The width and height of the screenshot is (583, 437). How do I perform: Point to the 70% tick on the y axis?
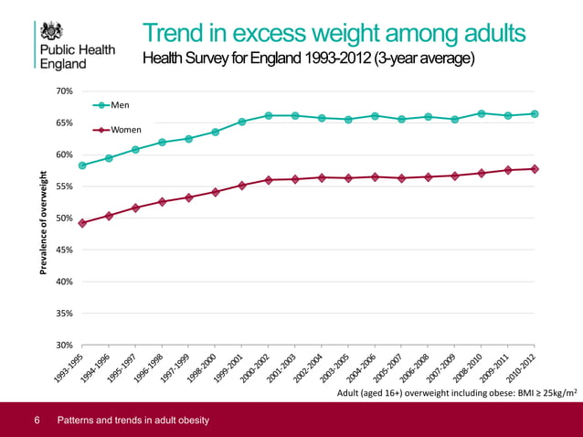click(x=64, y=91)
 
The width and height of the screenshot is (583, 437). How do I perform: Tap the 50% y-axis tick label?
click(x=64, y=218)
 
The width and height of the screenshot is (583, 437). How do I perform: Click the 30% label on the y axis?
click(x=64, y=345)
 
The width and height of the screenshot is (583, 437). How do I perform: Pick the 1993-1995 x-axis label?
click(x=67, y=369)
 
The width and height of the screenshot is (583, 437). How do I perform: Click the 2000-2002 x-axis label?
click(x=252, y=369)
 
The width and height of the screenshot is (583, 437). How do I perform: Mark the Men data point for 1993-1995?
click(x=82, y=165)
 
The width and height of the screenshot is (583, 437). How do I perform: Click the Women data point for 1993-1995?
click(x=82, y=223)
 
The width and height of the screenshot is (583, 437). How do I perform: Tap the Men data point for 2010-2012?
click(x=534, y=113)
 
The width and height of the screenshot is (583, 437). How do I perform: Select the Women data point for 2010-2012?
click(x=534, y=168)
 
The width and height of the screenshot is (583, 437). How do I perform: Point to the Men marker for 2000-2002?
click(x=269, y=115)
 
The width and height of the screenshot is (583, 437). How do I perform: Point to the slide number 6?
click(x=37, y=421)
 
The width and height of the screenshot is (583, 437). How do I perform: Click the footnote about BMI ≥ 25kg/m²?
click(x=457, y=392)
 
